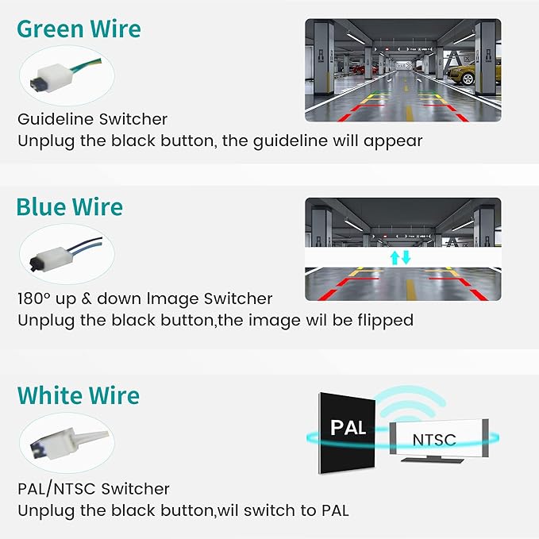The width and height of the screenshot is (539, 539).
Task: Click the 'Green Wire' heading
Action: [x=79, y=29]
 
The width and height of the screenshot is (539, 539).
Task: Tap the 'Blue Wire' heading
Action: [x=69, y=207]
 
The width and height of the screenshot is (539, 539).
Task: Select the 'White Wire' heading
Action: [x=79, y=395]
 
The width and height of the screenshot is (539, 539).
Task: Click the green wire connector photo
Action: [x=67, y=75]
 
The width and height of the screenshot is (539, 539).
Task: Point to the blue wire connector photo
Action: [x=67, y=254]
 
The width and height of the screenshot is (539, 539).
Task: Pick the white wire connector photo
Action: [x=67, y=443]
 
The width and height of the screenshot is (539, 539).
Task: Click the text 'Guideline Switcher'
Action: [x=92, y=119]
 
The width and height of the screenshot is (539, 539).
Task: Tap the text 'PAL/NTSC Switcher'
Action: [x=94, y=488]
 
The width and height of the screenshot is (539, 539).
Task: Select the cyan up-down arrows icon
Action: [x=400, y=257]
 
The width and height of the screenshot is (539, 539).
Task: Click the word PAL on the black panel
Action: [x=348, y=428]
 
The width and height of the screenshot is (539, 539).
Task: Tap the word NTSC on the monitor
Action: [x=434, y=440]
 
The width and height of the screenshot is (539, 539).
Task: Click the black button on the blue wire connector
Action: [x=33, y=264]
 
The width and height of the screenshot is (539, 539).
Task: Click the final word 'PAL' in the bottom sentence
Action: [x=335, y=510]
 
